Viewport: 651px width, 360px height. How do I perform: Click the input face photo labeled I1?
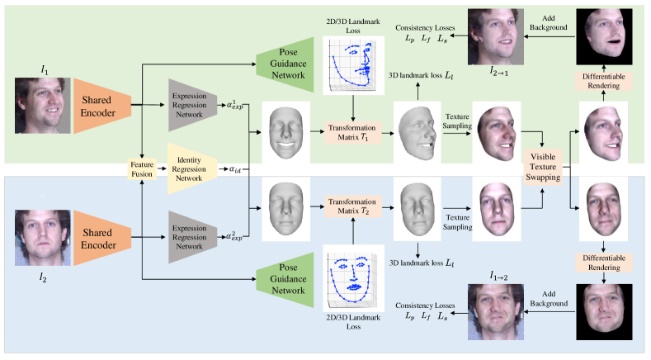point(38,105)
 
